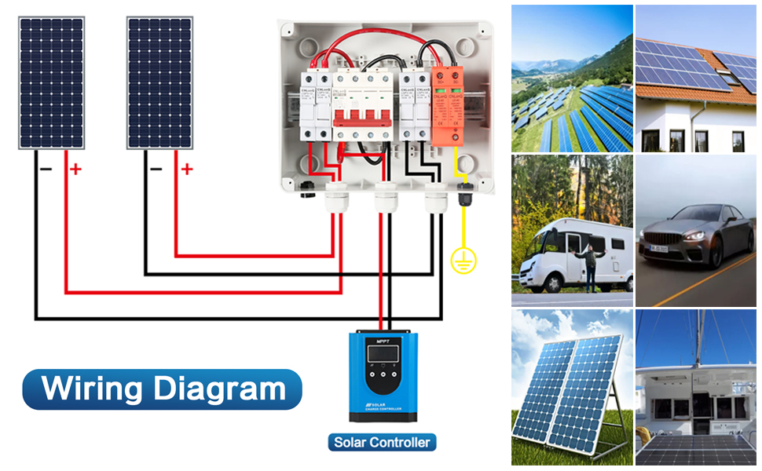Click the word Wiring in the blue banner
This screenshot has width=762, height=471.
click(x=93, y=389)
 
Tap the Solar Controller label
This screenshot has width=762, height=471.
click(x=382, y=443)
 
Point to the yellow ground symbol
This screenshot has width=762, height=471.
click(x=463, y=261)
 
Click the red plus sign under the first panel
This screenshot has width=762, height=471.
click(x=76, y=168)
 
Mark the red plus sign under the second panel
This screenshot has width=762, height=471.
click(x=186, y=168)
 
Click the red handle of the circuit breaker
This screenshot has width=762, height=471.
click(x=363, y=118)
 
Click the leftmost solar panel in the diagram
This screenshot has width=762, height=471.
click(x=51, y=82)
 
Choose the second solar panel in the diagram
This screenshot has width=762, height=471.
click(x=159, y=82)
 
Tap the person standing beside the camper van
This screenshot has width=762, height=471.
click(x=590, y=267)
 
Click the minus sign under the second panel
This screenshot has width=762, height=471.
click(x=156, y=168)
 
